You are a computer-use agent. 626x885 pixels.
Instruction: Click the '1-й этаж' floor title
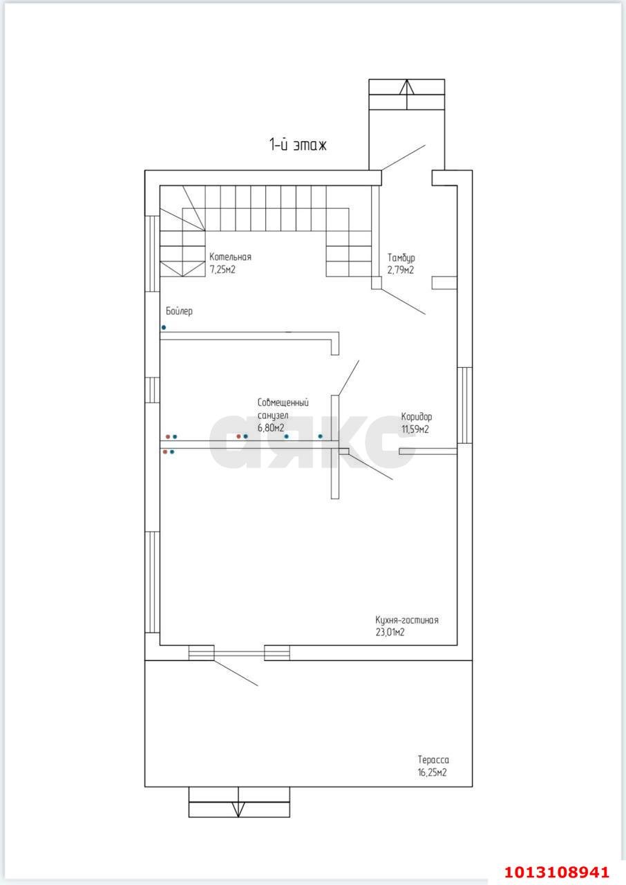click(x=298, y=145)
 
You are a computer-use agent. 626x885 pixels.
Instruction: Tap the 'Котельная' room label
click(x=230, y=257)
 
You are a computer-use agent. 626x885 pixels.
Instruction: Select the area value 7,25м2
click(x=222, y=270)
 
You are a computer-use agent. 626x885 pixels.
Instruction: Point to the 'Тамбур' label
click(x=401, y=259)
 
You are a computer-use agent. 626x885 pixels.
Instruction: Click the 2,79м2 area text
click(x=400, y=270)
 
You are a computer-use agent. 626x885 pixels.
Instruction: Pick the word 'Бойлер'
click(x=179, y=311)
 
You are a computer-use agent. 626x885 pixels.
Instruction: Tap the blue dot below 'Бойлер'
click(x=163, y=328)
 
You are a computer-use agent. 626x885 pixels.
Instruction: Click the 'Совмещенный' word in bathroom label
click(x=283, y=402)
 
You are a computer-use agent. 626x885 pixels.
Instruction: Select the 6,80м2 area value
click(x=271, y=427)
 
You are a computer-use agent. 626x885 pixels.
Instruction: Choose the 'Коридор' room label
click(x=417, y=417)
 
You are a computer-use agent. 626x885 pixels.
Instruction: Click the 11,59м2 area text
click(x=415, y=429)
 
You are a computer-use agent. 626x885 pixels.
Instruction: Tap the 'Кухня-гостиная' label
click(x=406, y=620)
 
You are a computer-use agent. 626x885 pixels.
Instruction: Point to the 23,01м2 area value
click(x=390, y=632)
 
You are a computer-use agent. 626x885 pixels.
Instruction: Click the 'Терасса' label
click(x=433, y=760)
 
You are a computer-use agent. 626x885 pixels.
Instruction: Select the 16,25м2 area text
click(x=433, y=772)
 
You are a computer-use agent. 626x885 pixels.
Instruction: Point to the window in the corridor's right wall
click(x=465, y=405)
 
